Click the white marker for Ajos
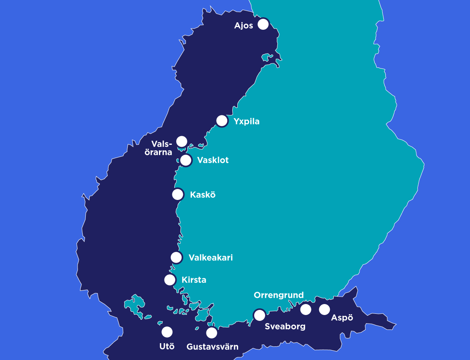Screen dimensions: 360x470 click(x=263, y=24)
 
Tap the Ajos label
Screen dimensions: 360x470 click(x=244, y=26)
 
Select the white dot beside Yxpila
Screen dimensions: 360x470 click(x=222, y=121)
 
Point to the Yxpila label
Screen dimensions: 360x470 click(x=246, y=121)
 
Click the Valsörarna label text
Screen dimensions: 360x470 click(x=162, y=148)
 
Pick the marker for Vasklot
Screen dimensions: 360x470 click(x=186, y=160)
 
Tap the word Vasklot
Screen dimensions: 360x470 click(x=213, y=160)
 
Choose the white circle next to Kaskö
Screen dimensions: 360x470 click(x=178, y=194)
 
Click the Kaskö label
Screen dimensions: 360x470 click(x=202, y=194)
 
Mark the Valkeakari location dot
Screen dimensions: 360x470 click(x=177, y=257)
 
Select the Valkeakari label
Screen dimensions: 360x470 click(x=210, y=257)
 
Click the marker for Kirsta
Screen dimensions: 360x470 click(x=170, y=280)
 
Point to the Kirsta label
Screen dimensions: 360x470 click(x=194, y=280)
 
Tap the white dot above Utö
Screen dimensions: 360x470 click(x=167, y=332)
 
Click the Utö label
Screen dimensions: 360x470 click(x=167, y=346)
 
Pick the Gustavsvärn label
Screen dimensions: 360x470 click(x=212, y=347)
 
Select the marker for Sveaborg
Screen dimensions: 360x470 click(x=259, y=315)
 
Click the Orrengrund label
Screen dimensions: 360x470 click(x=278, y=295)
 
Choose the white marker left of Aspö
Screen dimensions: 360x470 click(x=324, y=310)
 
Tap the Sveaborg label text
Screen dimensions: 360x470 click(x=285, y=326)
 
